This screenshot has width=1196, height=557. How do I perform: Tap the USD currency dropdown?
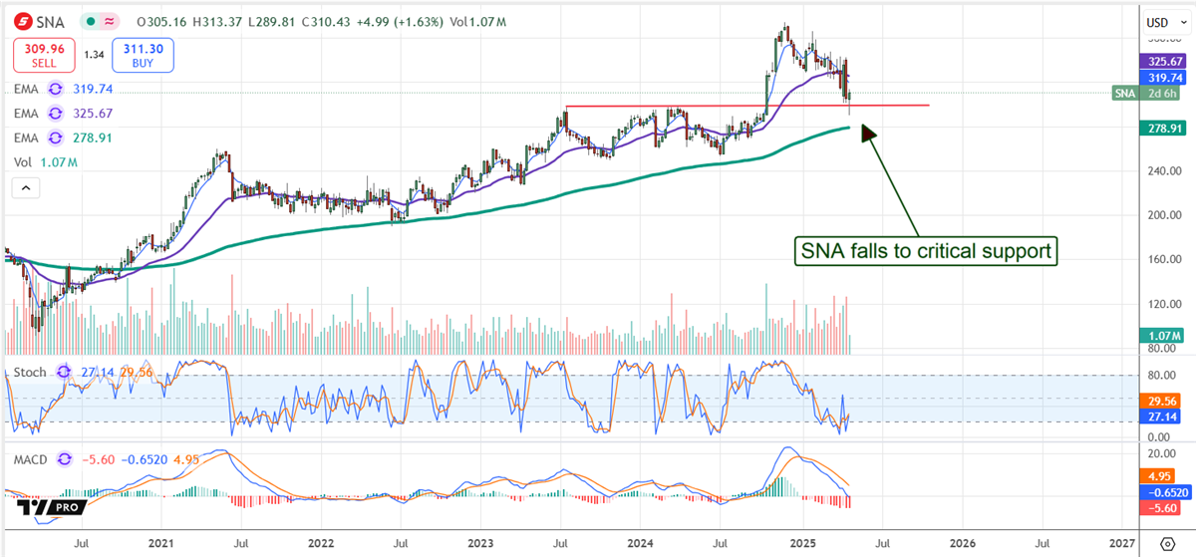[x=1157, y=22]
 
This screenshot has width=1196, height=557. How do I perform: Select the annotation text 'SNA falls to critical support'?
[x=924, y=251]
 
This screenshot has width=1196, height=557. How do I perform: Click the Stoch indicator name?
[x=30, y=372]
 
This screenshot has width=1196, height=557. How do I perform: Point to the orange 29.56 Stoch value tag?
[x=1157, y=399]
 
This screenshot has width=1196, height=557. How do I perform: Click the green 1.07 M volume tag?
[x=1157, y=337]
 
